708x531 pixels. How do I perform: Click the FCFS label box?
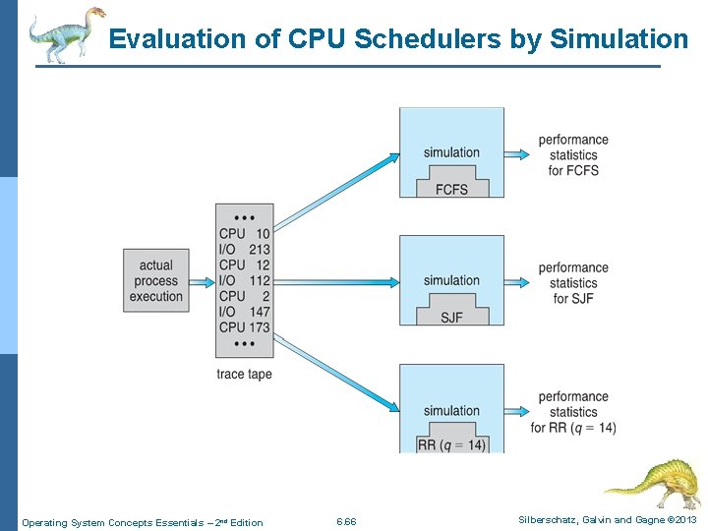tap(451, 188)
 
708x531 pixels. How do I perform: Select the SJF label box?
tap(451, 317)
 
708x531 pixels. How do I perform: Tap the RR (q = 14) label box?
tap(451, 443)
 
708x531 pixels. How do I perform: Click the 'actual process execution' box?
tap(155, 280)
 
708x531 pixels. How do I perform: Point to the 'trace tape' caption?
tap(244, 375)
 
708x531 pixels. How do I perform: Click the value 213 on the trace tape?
tap(259, 250)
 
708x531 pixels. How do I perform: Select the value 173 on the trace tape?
tap(259, 327)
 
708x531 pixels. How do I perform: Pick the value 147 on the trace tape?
tap(259, 312)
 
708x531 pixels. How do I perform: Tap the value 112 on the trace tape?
tap(259, 281)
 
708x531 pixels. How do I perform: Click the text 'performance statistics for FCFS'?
tap(573, 155)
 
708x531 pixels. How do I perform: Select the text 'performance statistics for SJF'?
tap(573, 283)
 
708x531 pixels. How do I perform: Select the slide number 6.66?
tap(346, 522)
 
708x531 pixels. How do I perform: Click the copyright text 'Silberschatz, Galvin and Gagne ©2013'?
tap(608, 520)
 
